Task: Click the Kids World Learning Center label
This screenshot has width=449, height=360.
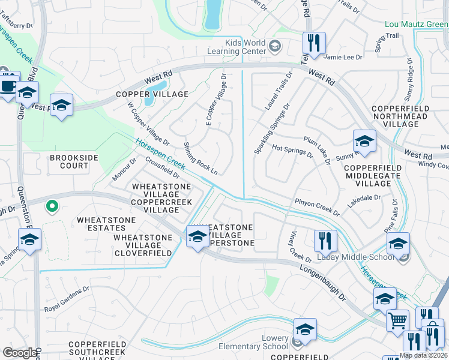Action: point(245,47)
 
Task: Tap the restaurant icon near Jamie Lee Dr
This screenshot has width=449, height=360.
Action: point(314,43)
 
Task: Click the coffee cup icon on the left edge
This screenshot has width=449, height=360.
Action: point(8,84)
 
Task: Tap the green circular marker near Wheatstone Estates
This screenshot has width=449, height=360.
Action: point(52,207)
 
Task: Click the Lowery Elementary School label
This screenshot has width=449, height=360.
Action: point(267,347)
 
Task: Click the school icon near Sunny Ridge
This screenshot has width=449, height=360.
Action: point(364,142)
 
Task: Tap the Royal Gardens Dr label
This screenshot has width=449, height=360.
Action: point(67,307)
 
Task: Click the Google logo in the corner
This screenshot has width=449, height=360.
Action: point(20,352)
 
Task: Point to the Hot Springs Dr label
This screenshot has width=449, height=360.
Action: point(292,151)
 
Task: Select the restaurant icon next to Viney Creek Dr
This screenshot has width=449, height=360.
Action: point(325,241)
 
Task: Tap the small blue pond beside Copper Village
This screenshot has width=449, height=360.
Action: point(157,89)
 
